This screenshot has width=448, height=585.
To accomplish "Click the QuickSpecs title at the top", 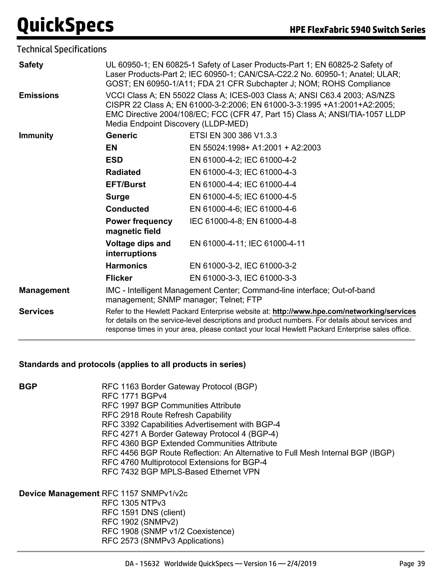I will pos(65,25).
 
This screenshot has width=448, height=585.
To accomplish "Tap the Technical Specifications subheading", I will pos(62,49).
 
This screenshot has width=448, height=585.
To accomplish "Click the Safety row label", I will pos(31,65).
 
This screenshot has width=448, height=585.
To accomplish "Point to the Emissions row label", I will pos(39,95).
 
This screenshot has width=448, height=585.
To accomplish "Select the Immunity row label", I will pos(36,136).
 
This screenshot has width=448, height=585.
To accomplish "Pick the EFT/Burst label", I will pos(126,185).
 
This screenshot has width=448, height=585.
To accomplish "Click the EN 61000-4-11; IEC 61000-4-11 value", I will pos(247,244).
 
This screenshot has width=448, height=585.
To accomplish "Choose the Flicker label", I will pos(119,278).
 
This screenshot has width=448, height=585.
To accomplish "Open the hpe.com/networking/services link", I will pos(344,312).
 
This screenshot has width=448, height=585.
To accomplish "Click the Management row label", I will pos(44,290).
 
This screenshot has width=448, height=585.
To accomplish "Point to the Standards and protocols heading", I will pos(132,365).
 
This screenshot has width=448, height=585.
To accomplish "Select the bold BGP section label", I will pos(28,386).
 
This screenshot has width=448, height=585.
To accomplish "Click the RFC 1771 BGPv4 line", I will pos(134,396).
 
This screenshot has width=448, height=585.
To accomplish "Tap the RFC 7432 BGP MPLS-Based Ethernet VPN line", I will pos(180,472).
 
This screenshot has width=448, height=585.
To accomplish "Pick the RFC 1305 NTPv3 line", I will pos(134,503).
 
